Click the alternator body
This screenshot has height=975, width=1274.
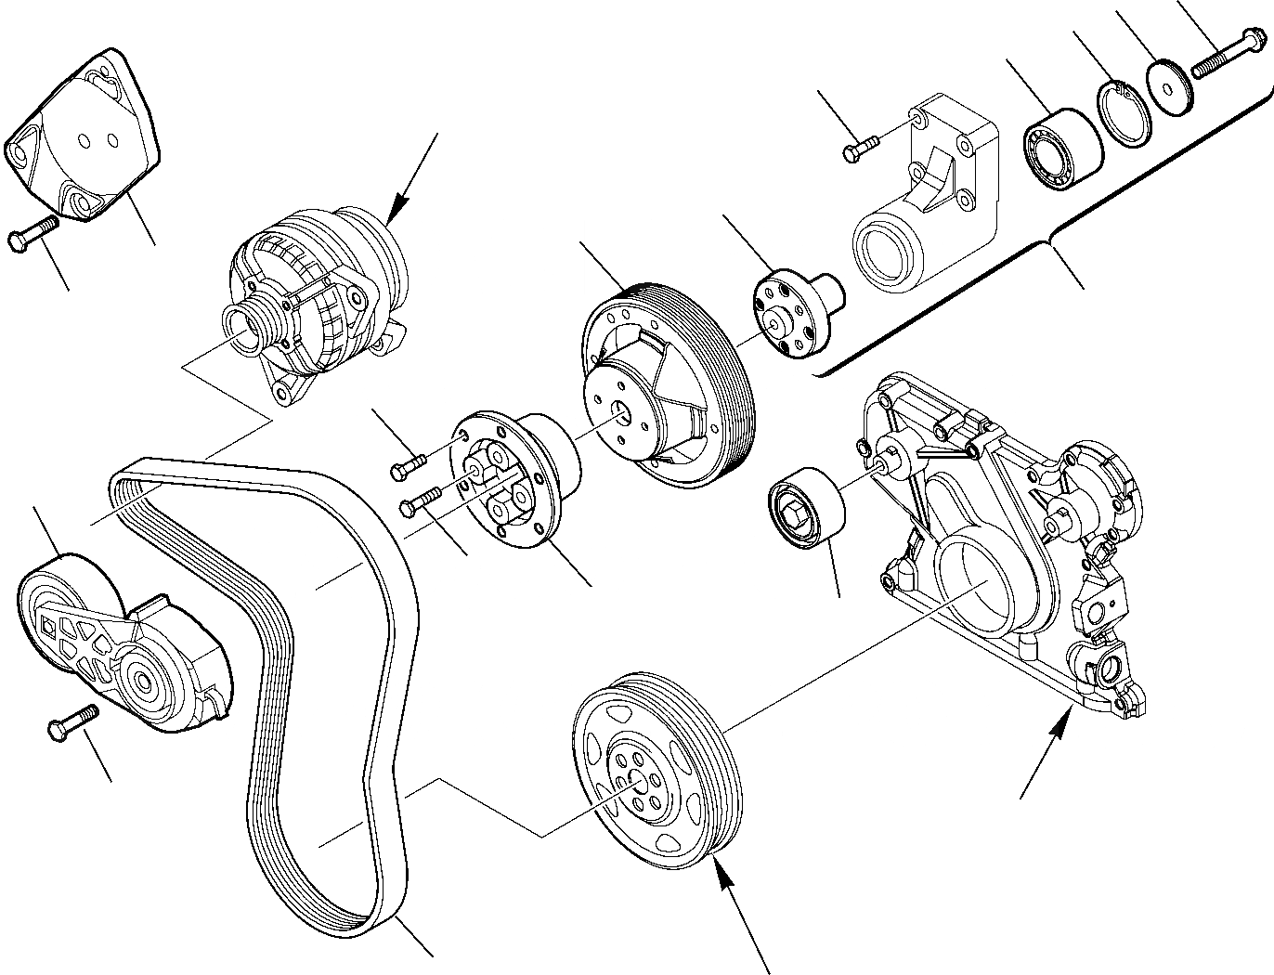point(316,297)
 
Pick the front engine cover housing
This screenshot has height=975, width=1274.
point(1003,548)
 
